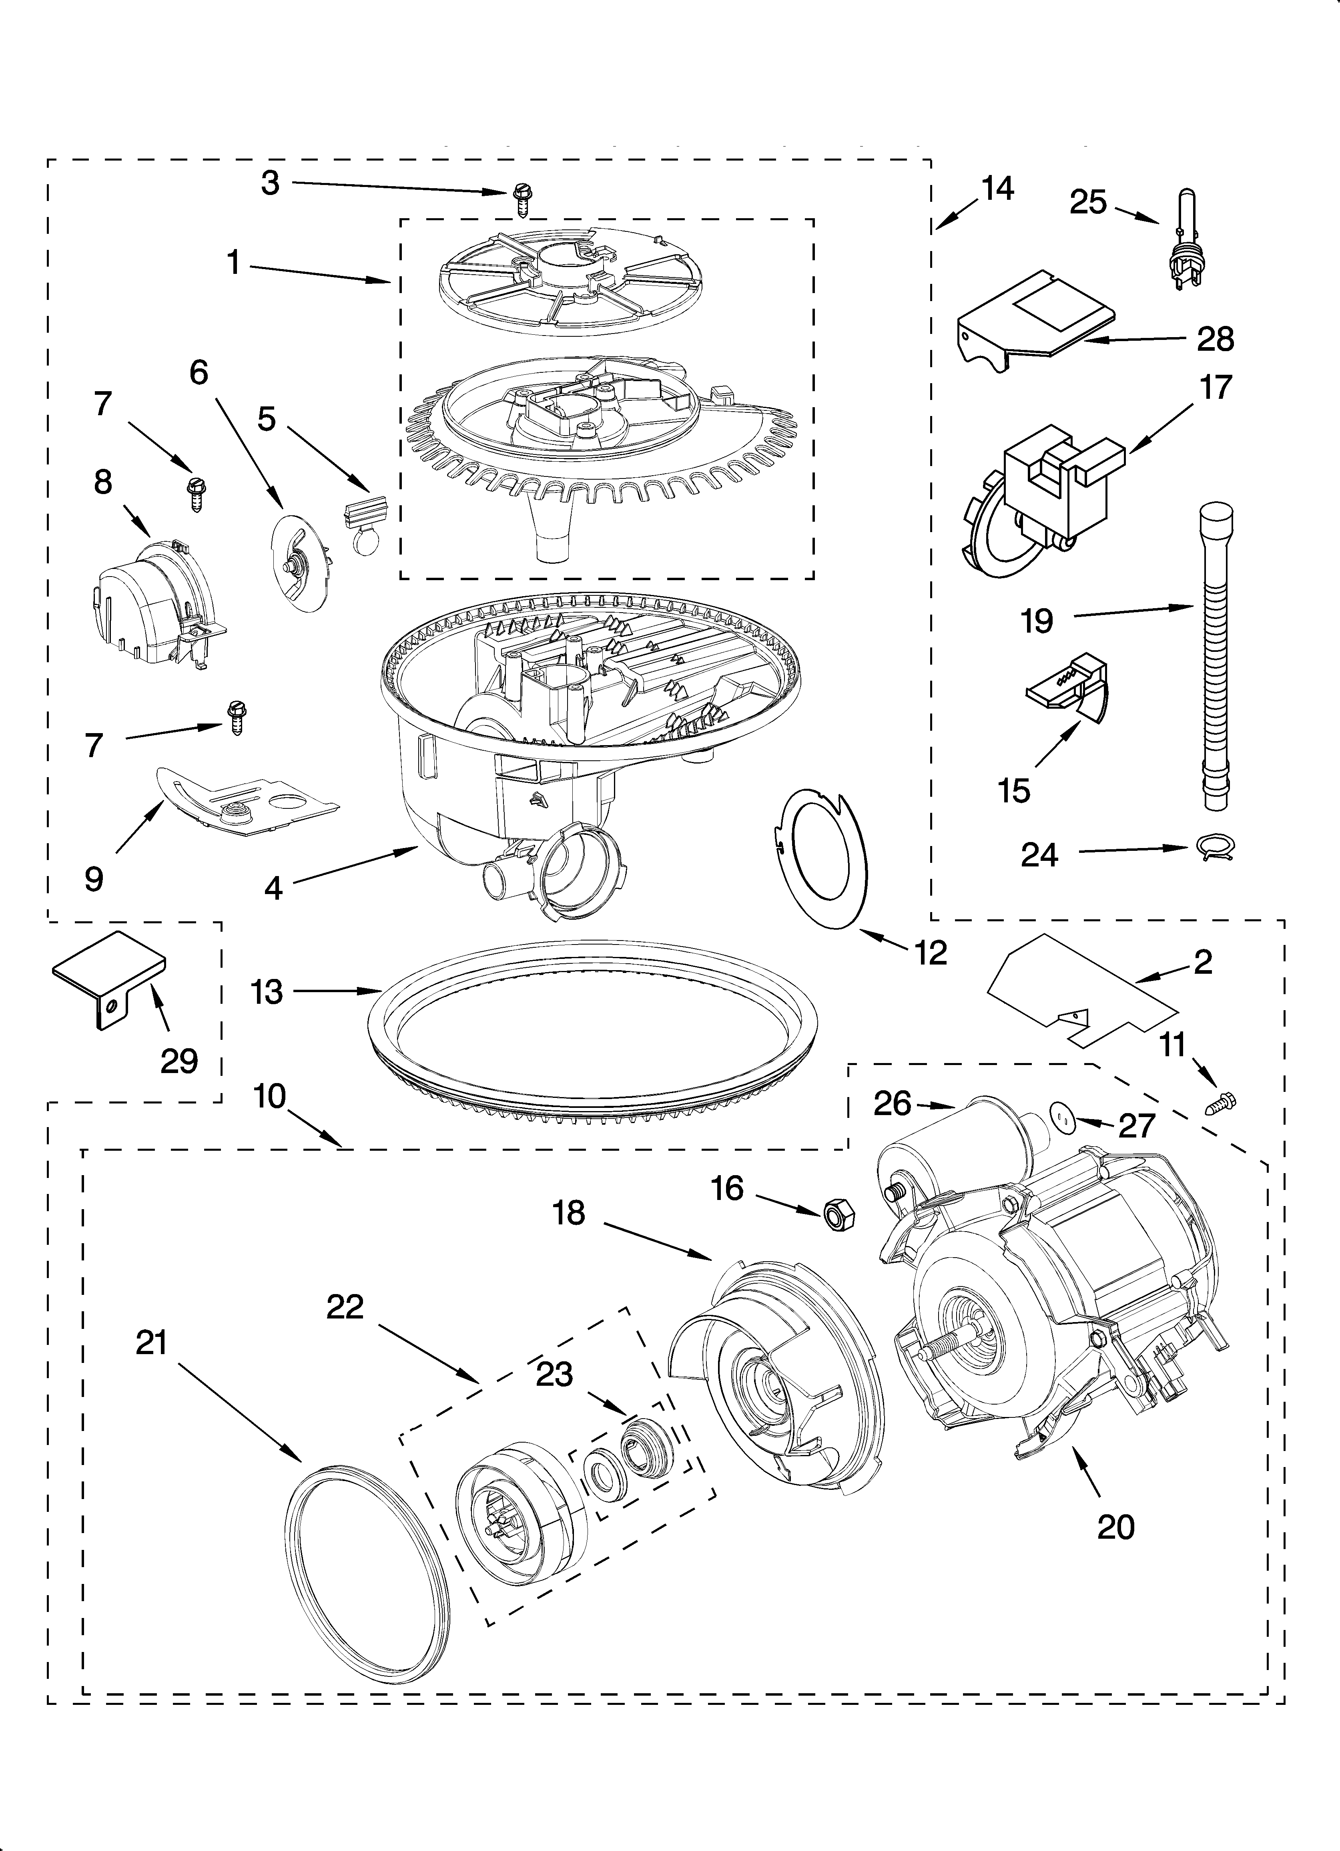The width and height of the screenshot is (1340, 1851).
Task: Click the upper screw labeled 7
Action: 196,493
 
